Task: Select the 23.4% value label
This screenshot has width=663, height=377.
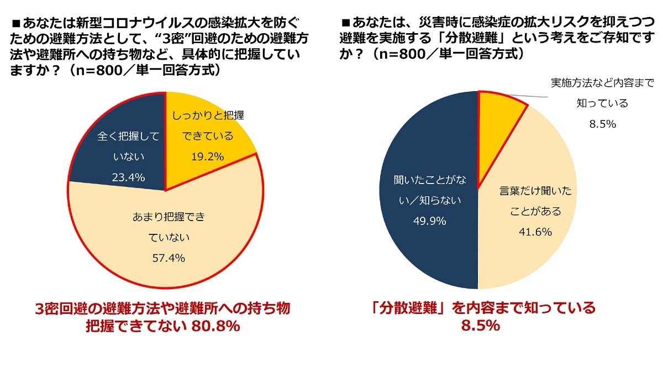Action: coord(129,177)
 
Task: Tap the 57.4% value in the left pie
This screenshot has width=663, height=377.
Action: coord(166,258)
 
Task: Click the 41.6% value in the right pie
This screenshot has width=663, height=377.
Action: coord(534,232)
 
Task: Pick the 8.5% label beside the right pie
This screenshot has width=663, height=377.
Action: coord(603,124)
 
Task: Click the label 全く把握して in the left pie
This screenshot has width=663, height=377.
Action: coord(128,136)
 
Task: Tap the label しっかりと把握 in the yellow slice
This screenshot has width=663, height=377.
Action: coord(208,116)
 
